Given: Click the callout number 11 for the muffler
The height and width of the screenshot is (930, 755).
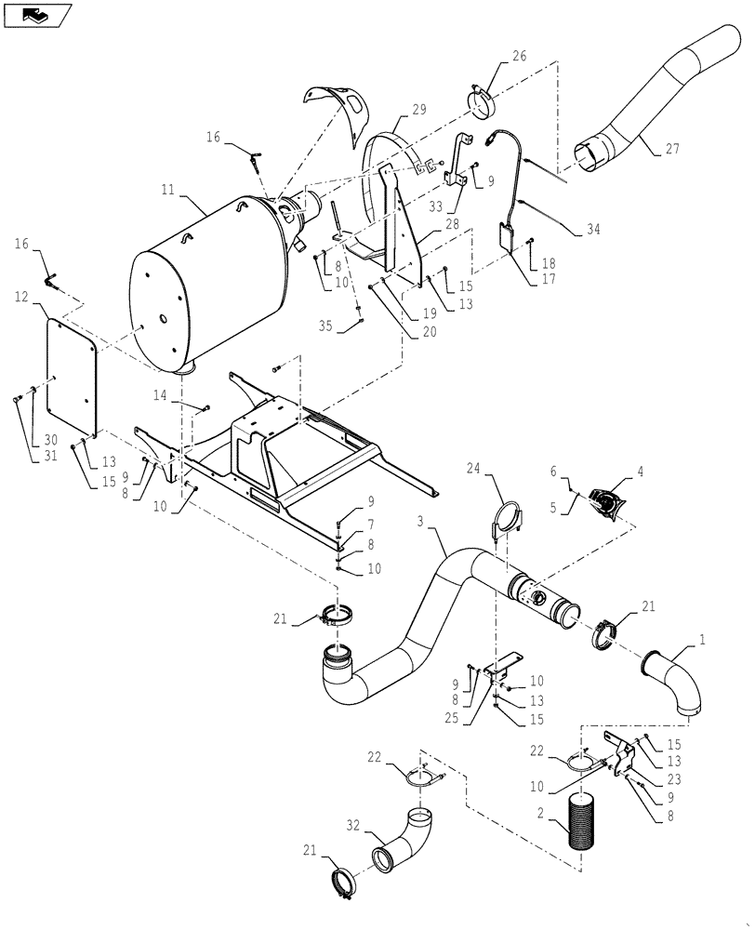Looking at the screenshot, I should point(167,189).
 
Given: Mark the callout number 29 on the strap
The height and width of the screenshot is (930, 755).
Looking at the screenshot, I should point(418,110).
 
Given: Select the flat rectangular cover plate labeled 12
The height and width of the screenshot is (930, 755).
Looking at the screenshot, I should point(73,365).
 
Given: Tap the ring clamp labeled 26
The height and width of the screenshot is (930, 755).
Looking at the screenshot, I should point(483,104).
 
